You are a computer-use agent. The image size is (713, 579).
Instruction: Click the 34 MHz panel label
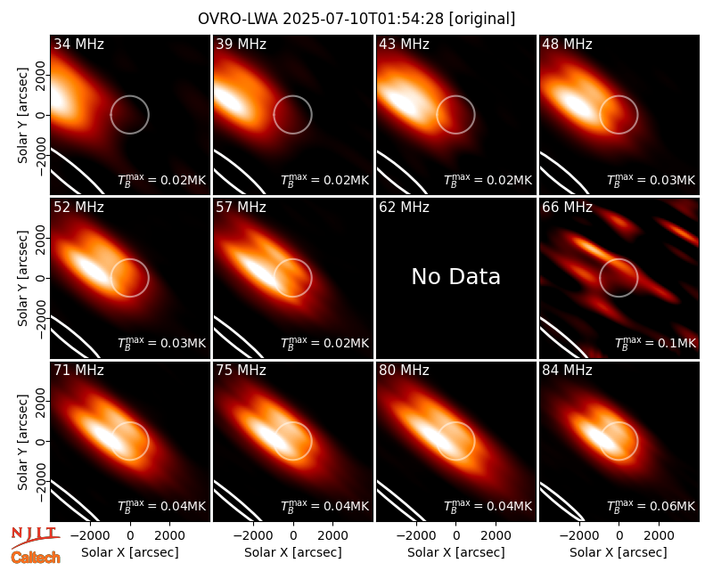tap(78, 44)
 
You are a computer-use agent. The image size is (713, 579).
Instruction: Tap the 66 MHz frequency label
tap(567, 208)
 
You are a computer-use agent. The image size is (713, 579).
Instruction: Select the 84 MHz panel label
tap(567, 371)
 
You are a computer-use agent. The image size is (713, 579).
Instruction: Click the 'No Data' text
tap(456, 277)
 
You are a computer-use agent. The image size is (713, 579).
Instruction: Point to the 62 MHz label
tap(405, 208)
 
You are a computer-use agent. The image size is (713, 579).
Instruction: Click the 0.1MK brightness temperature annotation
tap(655, 343)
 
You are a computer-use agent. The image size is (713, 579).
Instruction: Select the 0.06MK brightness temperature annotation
tap(652, 506)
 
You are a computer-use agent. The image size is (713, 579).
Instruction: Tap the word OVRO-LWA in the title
tap(238, 19)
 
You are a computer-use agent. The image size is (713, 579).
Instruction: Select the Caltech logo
tap(36, 558)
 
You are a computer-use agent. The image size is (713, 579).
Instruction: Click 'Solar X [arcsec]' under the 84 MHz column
tap(619, 552)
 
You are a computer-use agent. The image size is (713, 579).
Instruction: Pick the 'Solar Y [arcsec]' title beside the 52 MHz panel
tap(23, 278)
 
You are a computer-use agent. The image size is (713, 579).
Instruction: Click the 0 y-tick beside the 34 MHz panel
tap(41, 115)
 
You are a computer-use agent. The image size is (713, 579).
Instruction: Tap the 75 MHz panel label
tap(241, 371)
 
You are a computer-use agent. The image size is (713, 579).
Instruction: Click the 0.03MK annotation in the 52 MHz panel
tap(162, 343)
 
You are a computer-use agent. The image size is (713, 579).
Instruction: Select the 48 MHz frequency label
tap(567, 44)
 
